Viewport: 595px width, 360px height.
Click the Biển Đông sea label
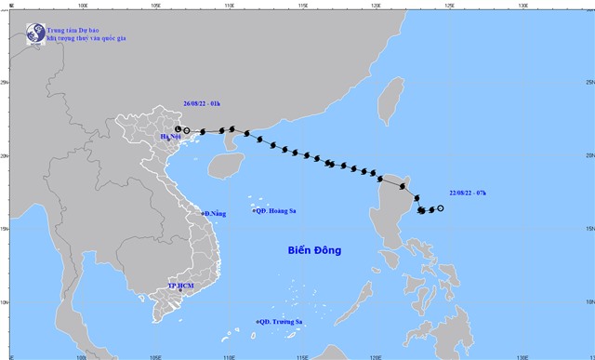click(x=313, y=250)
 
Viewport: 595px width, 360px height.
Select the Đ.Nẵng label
click(x=216, y=215)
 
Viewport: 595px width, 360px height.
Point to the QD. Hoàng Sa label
click(x=276, y=212)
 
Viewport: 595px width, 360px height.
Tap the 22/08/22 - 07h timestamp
click(x=467, y=193)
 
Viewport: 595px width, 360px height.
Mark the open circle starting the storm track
click(x=440, y=208)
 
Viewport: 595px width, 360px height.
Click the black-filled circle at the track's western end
click(x=178, y=129)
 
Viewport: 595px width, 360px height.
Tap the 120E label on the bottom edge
click(x=375, y=355)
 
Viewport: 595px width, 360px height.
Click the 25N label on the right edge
click(x=589, y=83)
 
